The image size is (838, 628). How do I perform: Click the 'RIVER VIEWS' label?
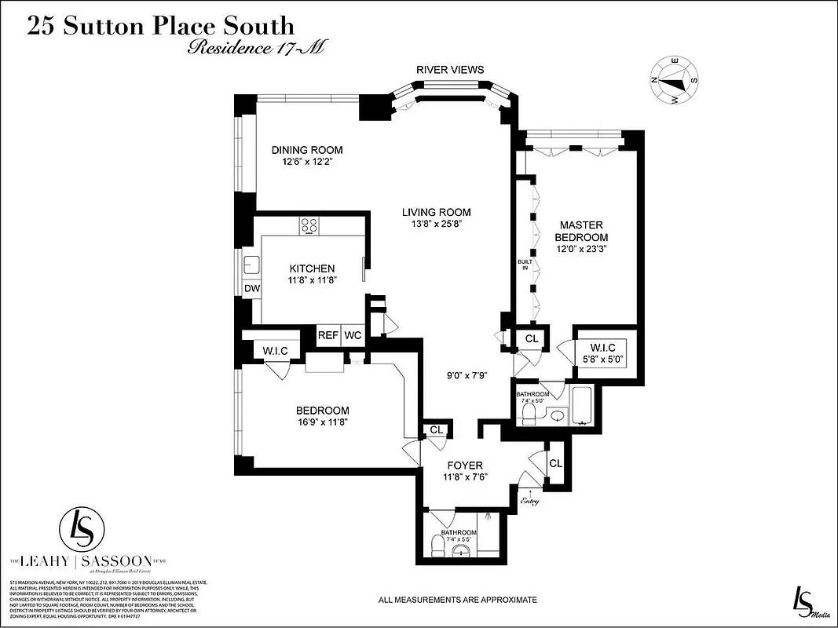(x=450, y=70)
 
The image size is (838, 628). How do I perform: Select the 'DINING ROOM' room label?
(x=307, y=150)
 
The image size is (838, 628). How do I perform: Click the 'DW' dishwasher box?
(x=251, y=289)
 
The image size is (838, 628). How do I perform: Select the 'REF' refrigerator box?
(x=328, y=335)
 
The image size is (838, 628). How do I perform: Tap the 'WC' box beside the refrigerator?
(x=353, y=335)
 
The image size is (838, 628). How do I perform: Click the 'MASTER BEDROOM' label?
(x=581, y=231)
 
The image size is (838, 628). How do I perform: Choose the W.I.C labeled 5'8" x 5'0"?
(x=602, y=352)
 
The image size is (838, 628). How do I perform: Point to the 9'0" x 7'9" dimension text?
(x=467, y=374)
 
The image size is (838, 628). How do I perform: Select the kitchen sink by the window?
(x=251, y=265)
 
